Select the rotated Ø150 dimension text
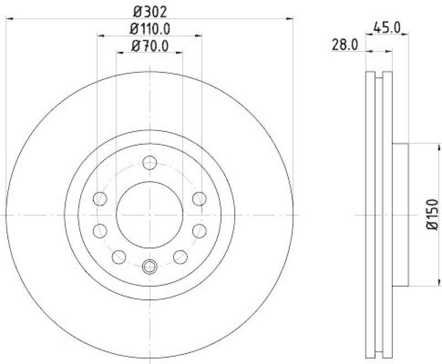click(x=432, y=214)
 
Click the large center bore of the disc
click(x=150, y=214)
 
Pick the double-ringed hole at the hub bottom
click(x=150, y=267)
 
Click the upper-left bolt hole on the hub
click(x=100, y=198)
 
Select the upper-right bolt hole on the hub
click(x=199, y=198)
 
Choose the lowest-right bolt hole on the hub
click(x=181, y=256)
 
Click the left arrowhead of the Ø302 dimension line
click(x=9, y=19)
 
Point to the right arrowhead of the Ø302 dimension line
click(x=290, y=19)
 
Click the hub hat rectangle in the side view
click(x=401, y=214)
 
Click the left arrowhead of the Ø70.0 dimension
click(x=120, y=53)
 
